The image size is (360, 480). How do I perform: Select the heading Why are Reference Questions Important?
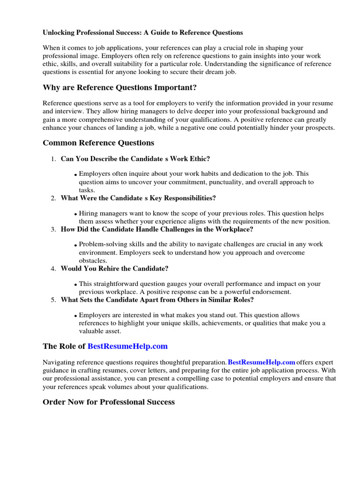120,88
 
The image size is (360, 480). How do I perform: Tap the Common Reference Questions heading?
98,142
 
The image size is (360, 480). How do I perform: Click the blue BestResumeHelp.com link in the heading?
127,346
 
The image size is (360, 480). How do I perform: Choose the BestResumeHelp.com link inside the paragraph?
261,362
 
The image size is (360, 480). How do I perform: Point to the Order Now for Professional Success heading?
108,402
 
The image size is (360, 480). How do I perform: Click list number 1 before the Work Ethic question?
53,159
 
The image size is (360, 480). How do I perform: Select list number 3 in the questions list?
53,229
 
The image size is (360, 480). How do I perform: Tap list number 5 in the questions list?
53,300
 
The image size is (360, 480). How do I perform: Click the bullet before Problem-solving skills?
75,245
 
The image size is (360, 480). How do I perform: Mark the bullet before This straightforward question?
75,285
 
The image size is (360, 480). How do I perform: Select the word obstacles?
93,260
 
